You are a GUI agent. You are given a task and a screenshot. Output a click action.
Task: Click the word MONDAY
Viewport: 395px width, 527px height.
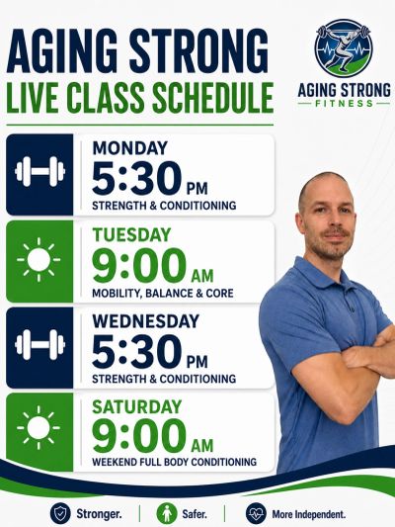point(130,148)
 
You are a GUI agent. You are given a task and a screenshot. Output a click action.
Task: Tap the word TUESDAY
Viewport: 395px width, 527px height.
point(132,234)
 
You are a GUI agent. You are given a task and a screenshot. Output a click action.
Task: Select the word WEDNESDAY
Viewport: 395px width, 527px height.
point(145,321)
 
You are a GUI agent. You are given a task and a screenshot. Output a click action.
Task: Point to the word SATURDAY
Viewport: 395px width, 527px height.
point(137,407)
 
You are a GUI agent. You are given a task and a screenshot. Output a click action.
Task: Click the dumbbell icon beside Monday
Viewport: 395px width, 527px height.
point(39,171)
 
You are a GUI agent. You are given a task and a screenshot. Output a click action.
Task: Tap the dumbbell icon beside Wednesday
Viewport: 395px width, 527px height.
point(39,345)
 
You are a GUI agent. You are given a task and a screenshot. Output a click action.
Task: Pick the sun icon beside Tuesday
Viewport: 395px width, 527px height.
point(39,259)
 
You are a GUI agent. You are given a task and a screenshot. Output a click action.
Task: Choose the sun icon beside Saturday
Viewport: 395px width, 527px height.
point(39,427)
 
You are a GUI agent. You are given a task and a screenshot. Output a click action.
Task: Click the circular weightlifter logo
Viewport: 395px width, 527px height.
point(344,47)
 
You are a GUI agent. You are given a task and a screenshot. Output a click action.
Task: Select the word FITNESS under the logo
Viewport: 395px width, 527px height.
point(344,103)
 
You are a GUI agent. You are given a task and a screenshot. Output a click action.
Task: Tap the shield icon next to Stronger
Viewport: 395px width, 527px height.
point(60,513)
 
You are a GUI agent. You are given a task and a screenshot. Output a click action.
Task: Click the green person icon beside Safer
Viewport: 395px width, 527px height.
point(167,513)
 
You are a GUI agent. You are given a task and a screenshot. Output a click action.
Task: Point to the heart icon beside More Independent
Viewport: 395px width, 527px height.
point(256,513)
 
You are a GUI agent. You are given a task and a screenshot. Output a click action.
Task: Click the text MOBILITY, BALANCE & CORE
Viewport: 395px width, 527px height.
point(163,293)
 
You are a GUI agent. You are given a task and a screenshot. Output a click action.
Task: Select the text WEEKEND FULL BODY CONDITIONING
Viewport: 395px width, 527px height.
point(174,462)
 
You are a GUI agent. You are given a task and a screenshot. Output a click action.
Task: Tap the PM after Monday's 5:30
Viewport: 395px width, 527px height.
point(197,189)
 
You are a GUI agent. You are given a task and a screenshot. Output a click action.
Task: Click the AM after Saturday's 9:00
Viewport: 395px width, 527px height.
point(202,445)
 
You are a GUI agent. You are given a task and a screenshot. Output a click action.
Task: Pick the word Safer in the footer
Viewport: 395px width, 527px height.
point(195,514)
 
